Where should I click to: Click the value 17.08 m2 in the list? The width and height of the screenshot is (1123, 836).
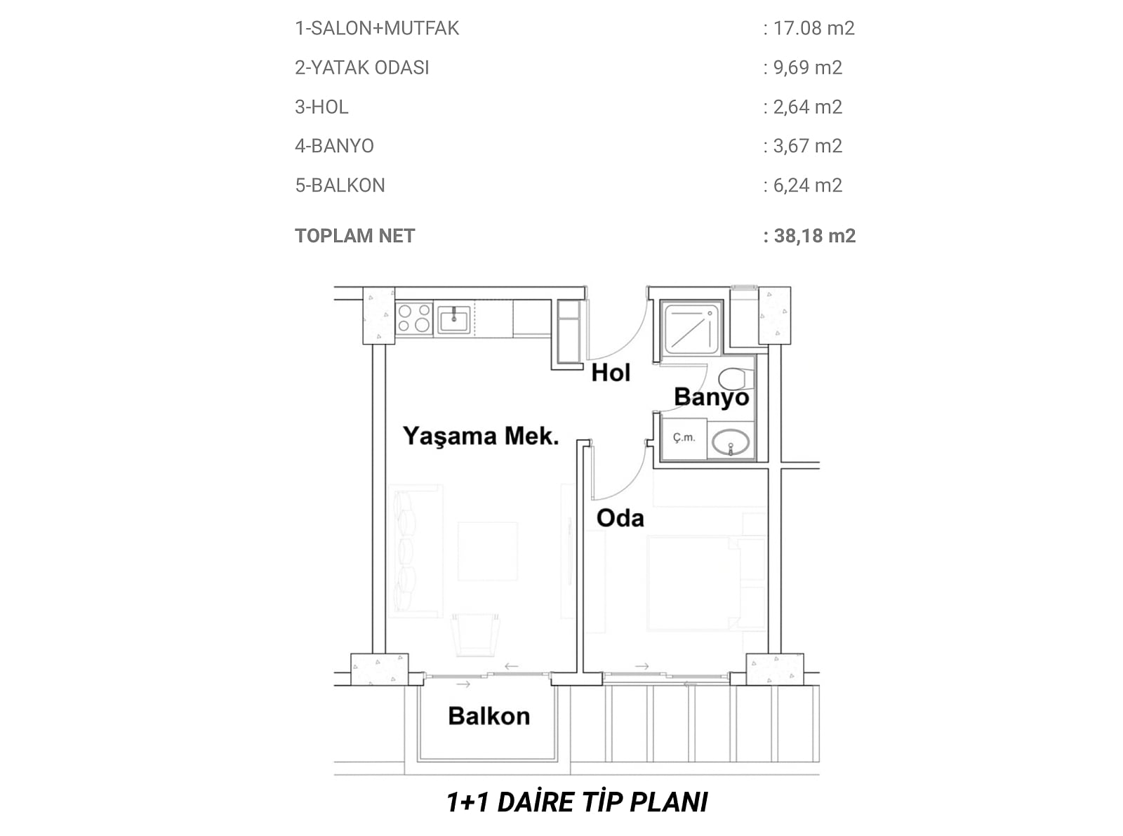pos(813,28)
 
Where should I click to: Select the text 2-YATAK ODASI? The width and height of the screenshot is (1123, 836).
pos(362,68)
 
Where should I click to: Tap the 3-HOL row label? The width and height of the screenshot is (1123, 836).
pos(321,107)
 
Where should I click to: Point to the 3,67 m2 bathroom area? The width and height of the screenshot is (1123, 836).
pos(808,146)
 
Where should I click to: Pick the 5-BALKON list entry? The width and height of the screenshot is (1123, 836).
pos(340,185)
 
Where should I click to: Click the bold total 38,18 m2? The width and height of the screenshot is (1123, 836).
pos(815,236)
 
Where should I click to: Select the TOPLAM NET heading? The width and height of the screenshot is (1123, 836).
pos(355,236)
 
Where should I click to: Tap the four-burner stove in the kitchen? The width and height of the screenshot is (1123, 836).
pos(414,318)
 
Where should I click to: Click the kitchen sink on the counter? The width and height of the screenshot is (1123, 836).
pos(454,319)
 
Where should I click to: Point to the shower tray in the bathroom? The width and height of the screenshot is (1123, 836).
pos(691,328)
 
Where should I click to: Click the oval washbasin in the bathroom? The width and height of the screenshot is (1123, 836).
pos(731,442)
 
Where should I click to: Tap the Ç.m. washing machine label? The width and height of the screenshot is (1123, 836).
pos(684,437)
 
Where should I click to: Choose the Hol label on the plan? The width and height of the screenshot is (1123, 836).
pos(611,373)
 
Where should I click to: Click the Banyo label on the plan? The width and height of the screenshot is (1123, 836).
pos(712,397)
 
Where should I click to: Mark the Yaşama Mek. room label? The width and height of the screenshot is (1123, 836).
pos(481,436)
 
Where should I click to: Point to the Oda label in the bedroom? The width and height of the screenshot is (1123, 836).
pos(620,518)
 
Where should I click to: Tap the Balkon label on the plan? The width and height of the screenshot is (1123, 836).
pos(489,716)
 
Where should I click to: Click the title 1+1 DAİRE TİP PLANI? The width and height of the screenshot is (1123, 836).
pos(577,802)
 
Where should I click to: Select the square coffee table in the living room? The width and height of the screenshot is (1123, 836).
pos(488,551)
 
